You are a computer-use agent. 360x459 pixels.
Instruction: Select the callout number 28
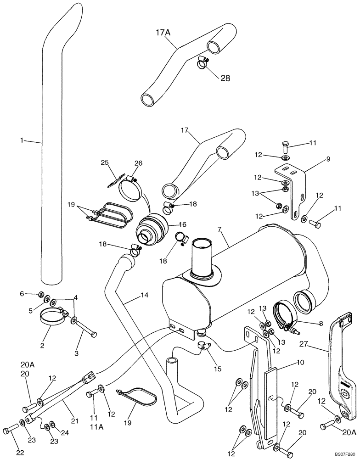(x=225, y=78)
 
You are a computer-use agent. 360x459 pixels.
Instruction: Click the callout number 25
(x=105, y=162)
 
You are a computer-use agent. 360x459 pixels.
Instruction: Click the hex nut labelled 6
(x=41, y=294)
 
